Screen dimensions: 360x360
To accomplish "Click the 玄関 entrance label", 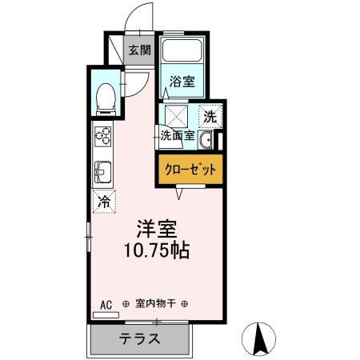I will (139, 50).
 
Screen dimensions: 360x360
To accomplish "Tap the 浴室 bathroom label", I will (181, 81).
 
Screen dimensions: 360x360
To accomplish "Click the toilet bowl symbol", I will (104, 97).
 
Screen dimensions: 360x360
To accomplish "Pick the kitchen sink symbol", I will (103, 171).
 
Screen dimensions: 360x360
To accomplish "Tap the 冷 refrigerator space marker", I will (103, 201).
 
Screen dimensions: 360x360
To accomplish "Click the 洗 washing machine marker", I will (209, 115).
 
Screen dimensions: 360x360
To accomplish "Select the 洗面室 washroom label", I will (177, 134).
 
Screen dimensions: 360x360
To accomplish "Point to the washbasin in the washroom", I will (206, 142).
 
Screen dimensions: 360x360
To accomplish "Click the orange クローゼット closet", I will (186, 170).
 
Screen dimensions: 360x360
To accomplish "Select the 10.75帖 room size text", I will (156, 250).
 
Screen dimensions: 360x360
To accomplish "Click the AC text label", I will (106, 304).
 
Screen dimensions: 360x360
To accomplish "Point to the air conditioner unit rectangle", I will (105, 315).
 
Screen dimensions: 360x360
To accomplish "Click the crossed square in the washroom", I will (177, 114).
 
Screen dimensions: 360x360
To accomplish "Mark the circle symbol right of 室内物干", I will (186, 304).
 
